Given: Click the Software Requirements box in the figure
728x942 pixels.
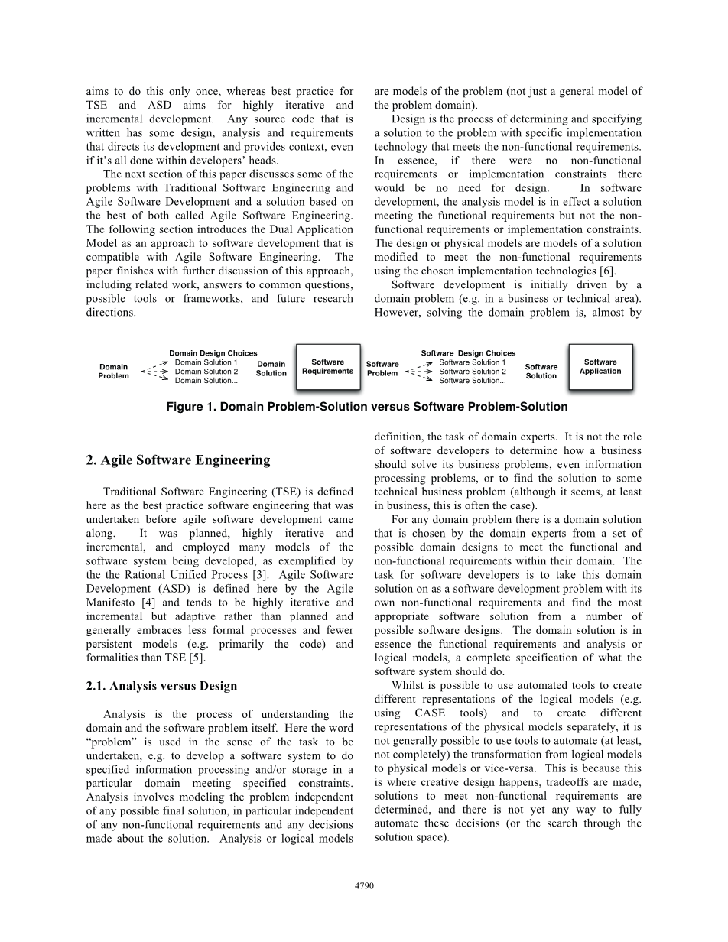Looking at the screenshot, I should click(327, 367).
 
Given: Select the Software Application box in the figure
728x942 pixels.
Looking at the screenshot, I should click(600, 367).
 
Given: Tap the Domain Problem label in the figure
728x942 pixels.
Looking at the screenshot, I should click(114, 372).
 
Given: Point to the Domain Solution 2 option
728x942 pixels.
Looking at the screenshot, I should click(206, 372).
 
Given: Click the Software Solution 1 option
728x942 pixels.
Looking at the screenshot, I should click(472, 362).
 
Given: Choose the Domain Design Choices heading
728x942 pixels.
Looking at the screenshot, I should click(213, 353).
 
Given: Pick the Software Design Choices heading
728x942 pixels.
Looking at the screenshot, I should click(468, 353).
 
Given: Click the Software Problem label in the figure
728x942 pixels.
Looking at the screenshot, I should click(382, 369).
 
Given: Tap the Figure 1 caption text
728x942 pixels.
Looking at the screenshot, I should click(366, 407).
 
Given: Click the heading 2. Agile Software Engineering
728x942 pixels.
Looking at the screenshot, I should click(178, 460).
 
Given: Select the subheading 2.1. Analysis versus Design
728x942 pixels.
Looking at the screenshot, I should click(161, 686).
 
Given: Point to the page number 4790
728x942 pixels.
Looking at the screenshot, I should click(364, 885).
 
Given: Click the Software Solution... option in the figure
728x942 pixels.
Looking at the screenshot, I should click(472, 381).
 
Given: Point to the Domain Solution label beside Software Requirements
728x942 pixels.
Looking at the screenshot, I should click(271, 369).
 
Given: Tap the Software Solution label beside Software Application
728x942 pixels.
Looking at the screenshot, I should click(541, 372).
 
